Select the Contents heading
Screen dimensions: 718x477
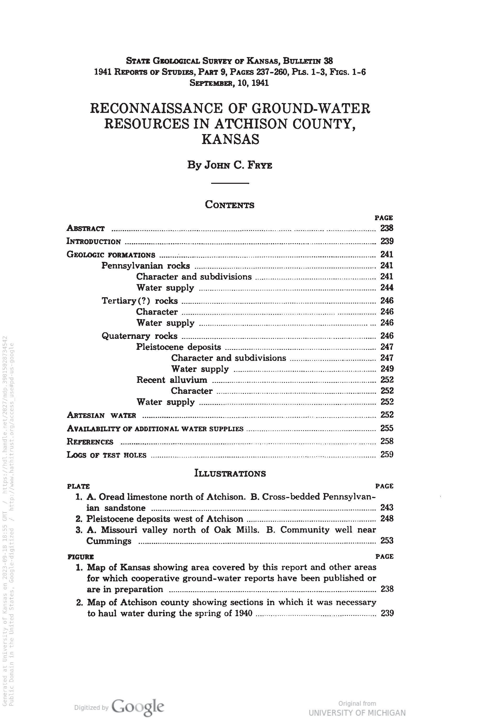230,205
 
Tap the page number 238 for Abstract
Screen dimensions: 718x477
387,228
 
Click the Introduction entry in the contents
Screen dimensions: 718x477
94,242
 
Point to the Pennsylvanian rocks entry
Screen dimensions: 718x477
145,266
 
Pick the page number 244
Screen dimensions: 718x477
387,288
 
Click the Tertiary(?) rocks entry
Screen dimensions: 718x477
140,301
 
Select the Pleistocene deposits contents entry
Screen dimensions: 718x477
178,347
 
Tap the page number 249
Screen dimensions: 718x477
387,369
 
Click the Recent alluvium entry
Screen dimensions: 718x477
172,380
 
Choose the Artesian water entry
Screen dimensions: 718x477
101,415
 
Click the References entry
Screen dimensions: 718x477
90,442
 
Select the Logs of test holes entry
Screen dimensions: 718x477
106,455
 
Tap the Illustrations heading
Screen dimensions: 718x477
230,474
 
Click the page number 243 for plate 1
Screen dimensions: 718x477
387,508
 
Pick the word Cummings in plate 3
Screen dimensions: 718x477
109,541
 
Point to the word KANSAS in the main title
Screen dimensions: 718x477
230,139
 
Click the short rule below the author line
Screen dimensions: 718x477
230,183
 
